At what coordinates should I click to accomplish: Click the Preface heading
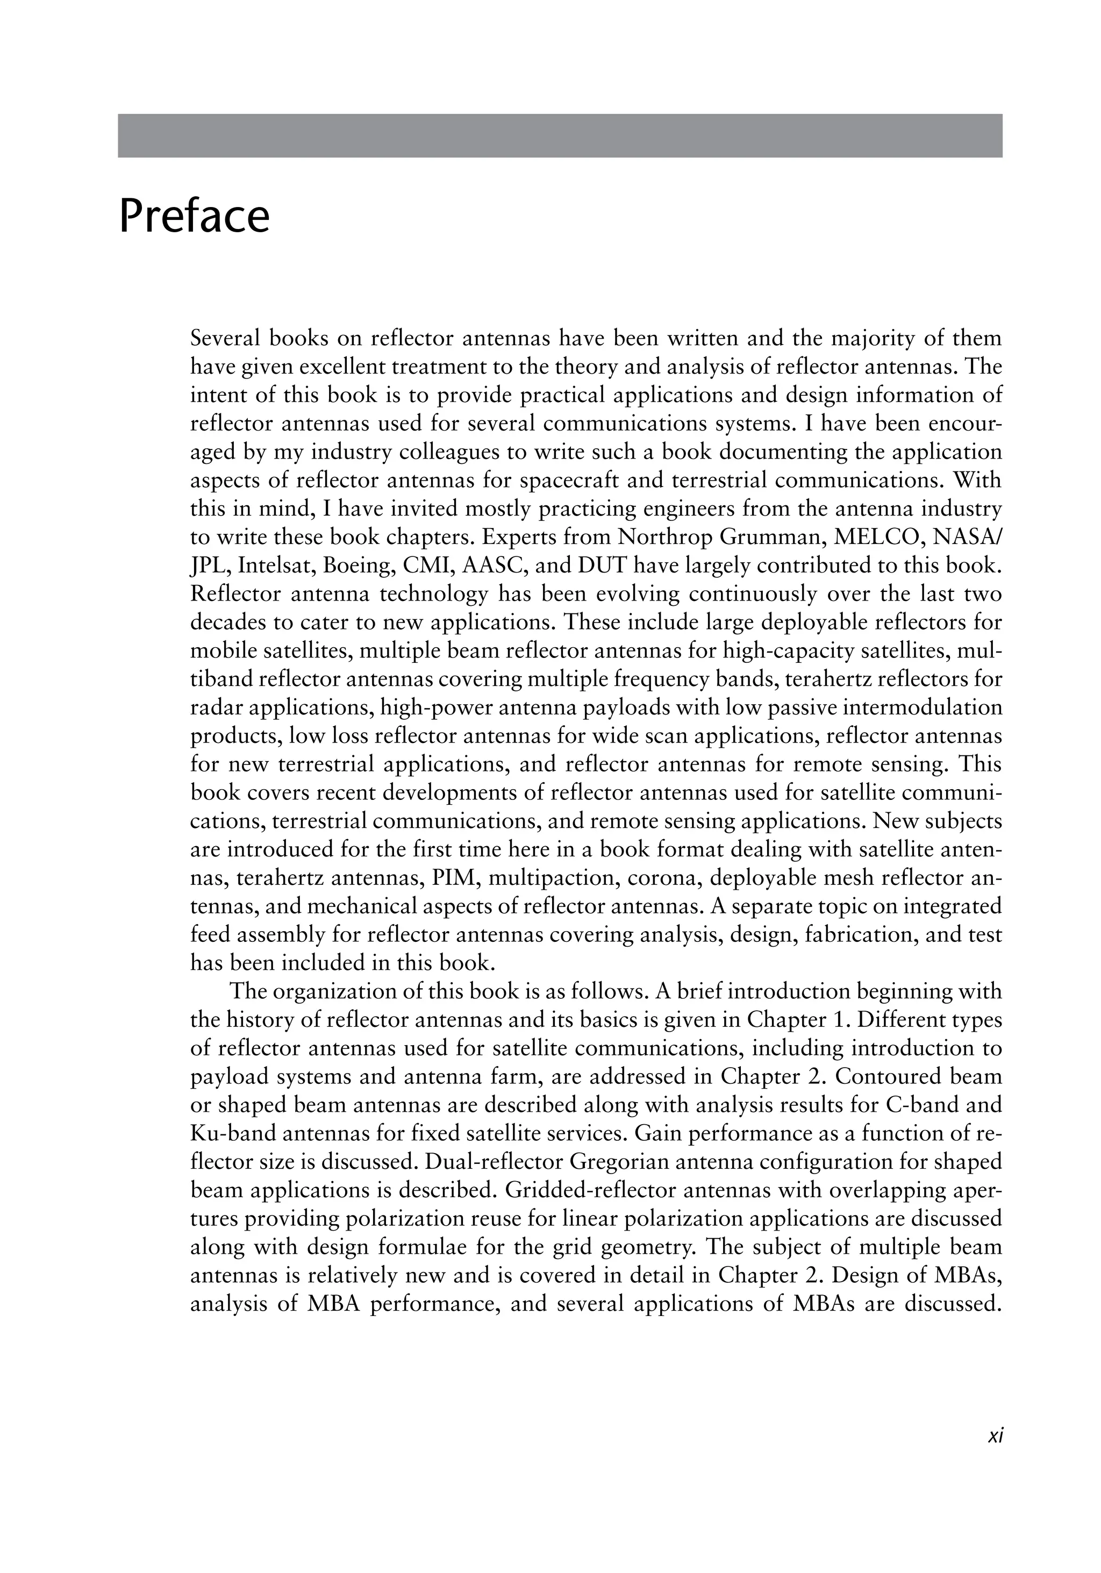point(194,217)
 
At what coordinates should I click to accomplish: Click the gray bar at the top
point(560,135)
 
